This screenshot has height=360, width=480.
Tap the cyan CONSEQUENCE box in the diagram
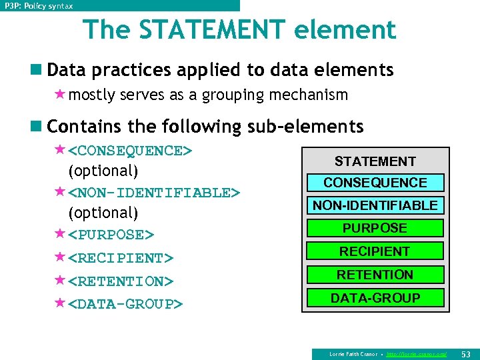coord(375,183)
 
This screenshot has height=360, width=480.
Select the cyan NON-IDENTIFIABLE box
coord(375,205)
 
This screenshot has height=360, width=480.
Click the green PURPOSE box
coord(375,228)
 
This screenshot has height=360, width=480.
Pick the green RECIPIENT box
coord(375,251)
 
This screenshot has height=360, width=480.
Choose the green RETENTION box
coord(375,275)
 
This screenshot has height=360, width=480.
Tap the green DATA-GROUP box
coord(375,298)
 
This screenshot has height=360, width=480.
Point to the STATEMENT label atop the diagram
coord(375,161)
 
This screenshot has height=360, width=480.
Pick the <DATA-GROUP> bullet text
coord(126,305)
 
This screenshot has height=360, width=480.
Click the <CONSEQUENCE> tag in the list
coord(131,151)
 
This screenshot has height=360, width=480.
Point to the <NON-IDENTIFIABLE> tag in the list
coord(154,193)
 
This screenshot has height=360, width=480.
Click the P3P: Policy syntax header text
coord(39,5)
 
